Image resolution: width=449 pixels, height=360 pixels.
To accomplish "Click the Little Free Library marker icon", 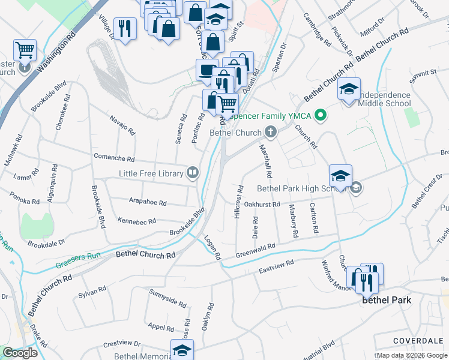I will pyautogui.click(x=193, y=173).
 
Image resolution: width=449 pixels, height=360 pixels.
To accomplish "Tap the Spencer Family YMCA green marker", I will pyautogui.click(x=321, y=115).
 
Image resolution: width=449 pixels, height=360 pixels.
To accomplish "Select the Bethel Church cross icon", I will pyautogui.click(x=271, y=133).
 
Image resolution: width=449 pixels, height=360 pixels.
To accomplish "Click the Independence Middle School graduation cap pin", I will pyautogui.click(x=349, y=90).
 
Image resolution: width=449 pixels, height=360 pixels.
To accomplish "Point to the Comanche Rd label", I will pyautogui.click(x=114, y=158).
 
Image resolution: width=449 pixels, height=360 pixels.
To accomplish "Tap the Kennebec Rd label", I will pyautogui.click(x=137, y=221).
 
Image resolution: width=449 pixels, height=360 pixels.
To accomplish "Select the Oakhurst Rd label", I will pyautogui.click(x=262, y=205).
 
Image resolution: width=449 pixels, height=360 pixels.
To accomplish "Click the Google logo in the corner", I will pyautogui.click(x=20, y=353).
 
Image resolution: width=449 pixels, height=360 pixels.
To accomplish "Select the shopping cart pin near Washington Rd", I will pyautogui.click(x=25, y=50).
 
